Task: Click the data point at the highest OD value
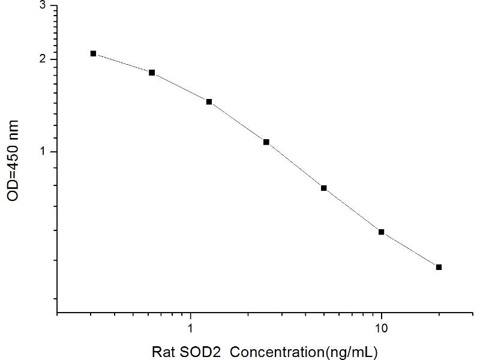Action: tap(94, 53)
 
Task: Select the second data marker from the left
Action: tap(152, 73)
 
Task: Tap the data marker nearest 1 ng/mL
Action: tap(209, 102)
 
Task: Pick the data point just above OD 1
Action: tap(266, 142)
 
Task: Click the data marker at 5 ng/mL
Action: tap(323, 188)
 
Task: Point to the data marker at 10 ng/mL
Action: tap(381, 232)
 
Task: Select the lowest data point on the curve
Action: tap(439, 267)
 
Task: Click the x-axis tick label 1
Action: tap(191, 328)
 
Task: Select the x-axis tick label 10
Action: tap(381, 328)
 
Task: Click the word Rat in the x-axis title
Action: tap(165, 350)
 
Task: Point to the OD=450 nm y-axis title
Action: tap(13, 161)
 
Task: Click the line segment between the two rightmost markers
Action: tap(410, 250)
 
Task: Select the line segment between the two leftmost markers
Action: tap(122, 63)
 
